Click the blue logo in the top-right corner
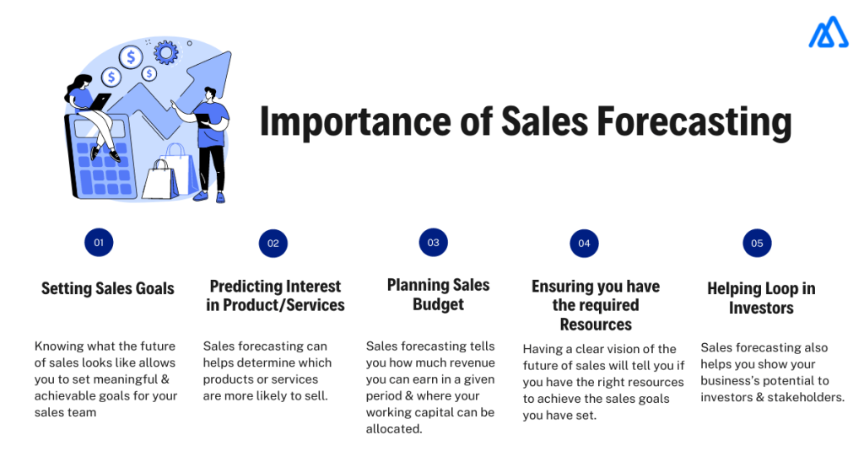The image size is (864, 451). click(x=828, y=32)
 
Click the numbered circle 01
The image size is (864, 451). click(x=99, y=243)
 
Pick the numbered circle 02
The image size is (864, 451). click(x=273, y=243)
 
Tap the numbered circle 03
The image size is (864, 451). click(x=433, y=242)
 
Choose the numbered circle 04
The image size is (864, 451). click(x=583, y=243)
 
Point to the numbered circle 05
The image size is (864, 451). click(x=757, y=243)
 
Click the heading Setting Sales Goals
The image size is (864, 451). click(x=107, y=288)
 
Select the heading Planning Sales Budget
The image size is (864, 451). click(x=438, y=294)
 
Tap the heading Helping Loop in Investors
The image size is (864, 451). click(x=761, y=298)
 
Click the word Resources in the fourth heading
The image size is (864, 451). click(x=596, y=325)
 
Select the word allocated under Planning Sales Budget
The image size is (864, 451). click(x=393, y=428)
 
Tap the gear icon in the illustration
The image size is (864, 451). click(x=166, y=54)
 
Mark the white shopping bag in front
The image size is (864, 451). click(x=159, y=179)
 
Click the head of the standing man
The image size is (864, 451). click(x=210, y=94)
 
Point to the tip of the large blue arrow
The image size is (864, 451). click(x=225, y=56)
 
